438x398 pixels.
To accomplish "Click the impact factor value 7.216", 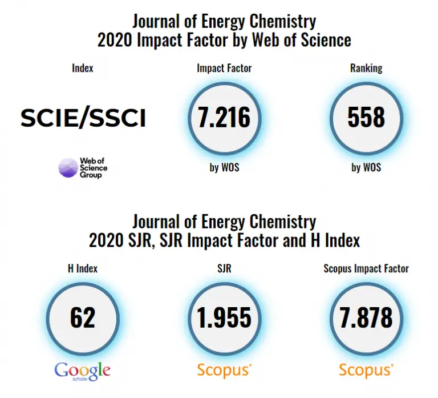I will point(224,117).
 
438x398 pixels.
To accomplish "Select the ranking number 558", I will point(366,117).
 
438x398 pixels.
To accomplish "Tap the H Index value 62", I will point(83,317).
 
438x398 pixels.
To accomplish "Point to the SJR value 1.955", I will point(224,317).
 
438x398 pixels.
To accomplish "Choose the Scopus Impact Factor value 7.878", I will point(366,317).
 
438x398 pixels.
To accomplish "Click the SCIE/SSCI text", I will point(83,118).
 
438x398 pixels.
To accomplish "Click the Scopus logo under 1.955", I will point(224,370).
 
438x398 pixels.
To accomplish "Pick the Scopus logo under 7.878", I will point(366,370).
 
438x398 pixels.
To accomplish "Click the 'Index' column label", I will point(83,68).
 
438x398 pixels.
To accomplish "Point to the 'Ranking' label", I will point(366,68).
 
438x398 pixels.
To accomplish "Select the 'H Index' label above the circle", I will point(83,268).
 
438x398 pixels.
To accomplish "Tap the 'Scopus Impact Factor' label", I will point(366,268).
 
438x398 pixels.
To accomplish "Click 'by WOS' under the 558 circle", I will point(366,167).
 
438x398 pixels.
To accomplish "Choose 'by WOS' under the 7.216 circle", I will point(224,167).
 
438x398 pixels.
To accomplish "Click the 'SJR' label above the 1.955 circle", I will point(224,268).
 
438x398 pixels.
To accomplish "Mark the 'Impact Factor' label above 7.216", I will point(224,68).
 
